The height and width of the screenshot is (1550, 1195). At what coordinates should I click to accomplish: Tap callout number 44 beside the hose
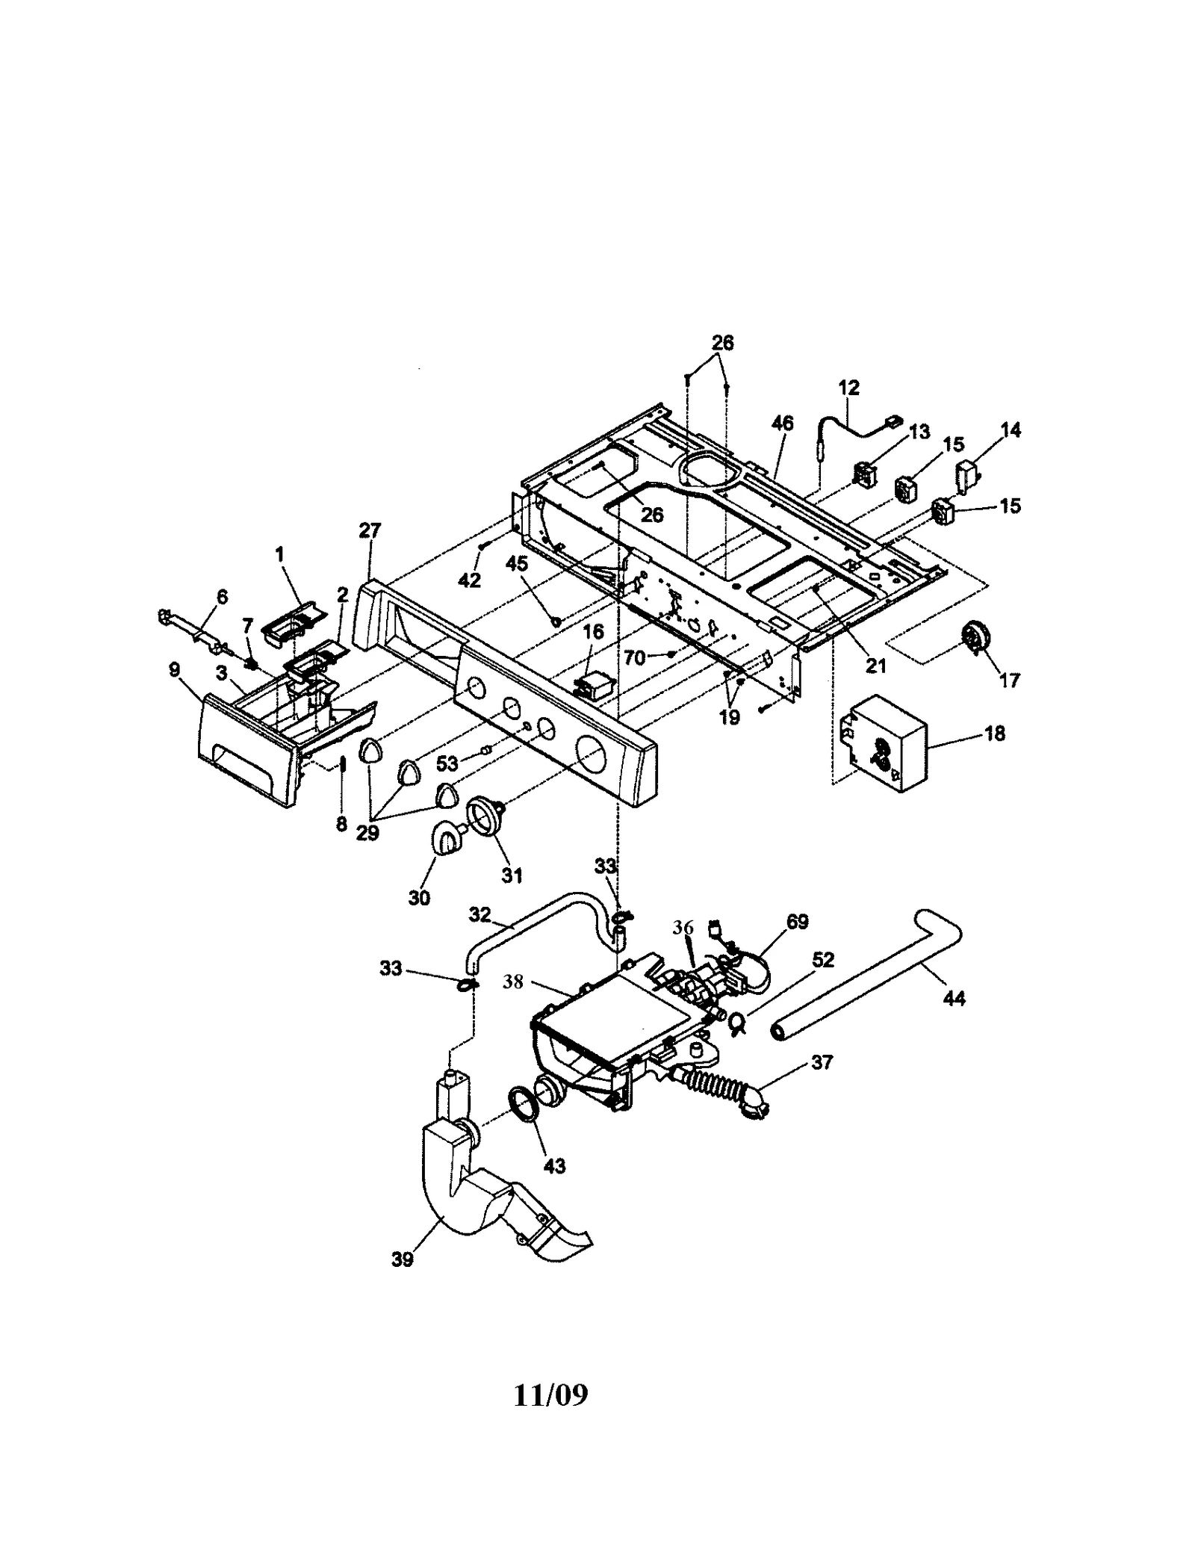coord(954,998)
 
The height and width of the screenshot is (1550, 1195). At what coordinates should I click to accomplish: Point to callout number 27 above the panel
coord(370,530)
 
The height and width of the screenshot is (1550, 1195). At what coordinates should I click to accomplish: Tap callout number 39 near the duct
coord(402,1259)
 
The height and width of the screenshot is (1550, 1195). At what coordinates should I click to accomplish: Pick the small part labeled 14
coord(968,475)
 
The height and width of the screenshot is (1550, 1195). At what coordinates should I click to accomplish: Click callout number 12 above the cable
coord(849,388)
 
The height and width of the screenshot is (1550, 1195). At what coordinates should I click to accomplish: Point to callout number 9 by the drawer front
coord(174,669)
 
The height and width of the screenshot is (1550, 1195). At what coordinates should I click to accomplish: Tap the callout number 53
coord(447,764)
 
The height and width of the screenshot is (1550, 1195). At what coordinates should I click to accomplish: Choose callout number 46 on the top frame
coord(782,424)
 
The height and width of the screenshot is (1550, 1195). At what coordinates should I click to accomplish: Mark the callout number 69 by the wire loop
coord(797,922)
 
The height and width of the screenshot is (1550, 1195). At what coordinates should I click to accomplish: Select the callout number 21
coord(875,665)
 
